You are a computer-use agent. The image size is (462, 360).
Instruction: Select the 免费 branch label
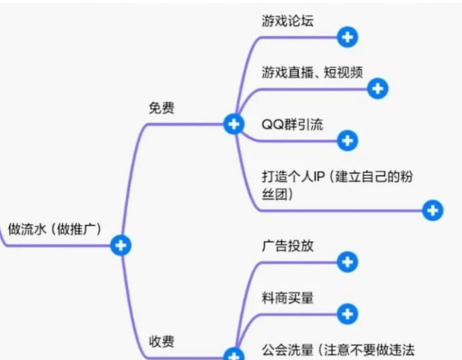click(x=161, y=107)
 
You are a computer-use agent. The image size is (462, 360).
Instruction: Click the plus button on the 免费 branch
click(x=233, y=125)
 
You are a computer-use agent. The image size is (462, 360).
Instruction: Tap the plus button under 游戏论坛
click(x=347, y=37)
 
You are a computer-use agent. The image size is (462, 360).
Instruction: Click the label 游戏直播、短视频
click(x=311, y=73)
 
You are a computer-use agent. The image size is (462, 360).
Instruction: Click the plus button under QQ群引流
click(x=347, y=140)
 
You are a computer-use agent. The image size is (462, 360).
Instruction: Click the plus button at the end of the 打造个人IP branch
click(x=432, y=210)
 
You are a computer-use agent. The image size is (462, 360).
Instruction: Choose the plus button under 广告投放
click(x=347, y=262)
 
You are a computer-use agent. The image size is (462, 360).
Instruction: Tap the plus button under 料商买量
click(x=347, y=312)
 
